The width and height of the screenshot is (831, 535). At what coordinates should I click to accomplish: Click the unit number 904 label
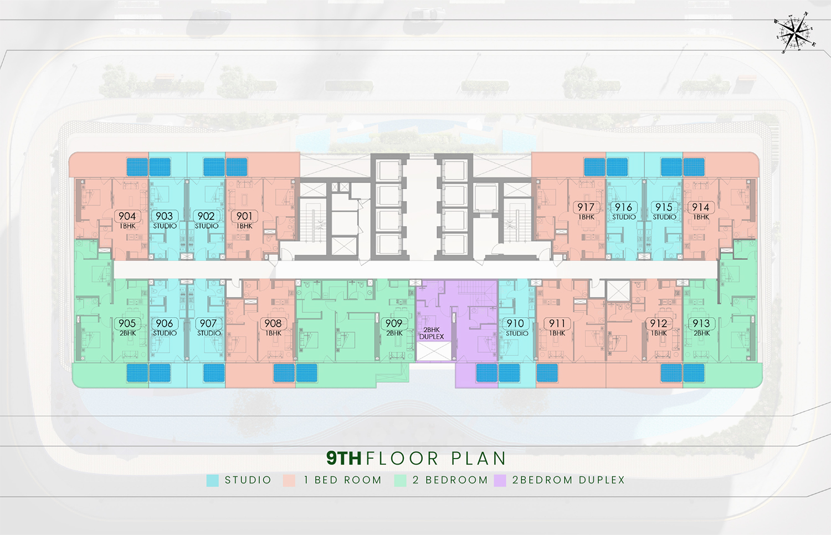127,216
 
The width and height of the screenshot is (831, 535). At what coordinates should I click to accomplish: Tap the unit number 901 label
244,216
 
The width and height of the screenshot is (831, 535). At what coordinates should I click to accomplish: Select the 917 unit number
586,207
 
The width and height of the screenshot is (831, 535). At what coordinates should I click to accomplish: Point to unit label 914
701,207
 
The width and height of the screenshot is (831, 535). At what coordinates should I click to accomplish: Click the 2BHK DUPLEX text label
432,333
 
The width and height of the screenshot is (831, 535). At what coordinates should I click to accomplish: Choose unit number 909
393,323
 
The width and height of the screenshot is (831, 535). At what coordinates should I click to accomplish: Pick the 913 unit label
701,323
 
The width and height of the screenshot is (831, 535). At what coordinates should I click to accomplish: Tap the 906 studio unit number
165,323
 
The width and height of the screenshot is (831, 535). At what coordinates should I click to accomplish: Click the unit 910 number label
515,323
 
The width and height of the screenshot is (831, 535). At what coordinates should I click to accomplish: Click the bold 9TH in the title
344,458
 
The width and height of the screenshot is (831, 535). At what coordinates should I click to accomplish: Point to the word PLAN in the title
479,458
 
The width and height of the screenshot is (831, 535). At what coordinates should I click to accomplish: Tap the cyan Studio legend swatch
213,481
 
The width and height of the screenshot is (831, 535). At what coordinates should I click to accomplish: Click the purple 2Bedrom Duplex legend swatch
500,481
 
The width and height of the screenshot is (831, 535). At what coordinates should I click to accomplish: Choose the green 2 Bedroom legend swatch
401,481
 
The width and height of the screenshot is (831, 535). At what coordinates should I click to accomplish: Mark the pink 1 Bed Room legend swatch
289,481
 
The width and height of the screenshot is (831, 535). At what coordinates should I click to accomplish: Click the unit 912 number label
659,323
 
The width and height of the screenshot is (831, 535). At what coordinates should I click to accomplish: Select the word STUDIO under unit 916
624,217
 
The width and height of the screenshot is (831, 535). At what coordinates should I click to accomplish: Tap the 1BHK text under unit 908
274,333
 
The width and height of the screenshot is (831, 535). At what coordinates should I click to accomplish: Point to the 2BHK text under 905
127,333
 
